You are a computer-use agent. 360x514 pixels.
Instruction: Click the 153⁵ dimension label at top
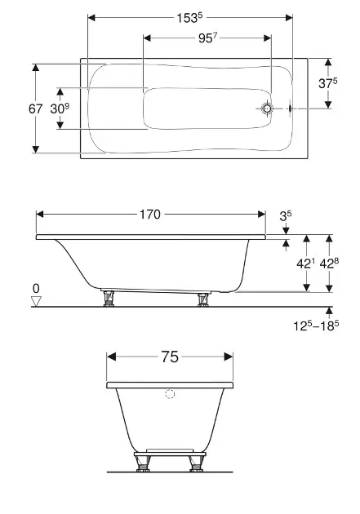(190, 18)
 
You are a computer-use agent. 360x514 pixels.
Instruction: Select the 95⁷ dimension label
(208, 38)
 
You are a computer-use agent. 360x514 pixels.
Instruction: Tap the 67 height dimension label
(35, 109)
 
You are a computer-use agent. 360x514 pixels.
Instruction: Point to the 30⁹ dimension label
(60, 109)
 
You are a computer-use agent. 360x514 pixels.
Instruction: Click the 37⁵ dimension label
(328, 83)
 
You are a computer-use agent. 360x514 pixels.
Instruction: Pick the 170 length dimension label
(150, 215)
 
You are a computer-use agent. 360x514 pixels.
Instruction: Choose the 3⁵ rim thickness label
(285, 215)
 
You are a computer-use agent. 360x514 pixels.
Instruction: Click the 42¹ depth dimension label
(305, 264)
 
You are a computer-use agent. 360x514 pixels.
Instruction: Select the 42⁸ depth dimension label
(329, 264)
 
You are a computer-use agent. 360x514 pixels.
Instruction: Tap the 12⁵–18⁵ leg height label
(316, 326)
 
